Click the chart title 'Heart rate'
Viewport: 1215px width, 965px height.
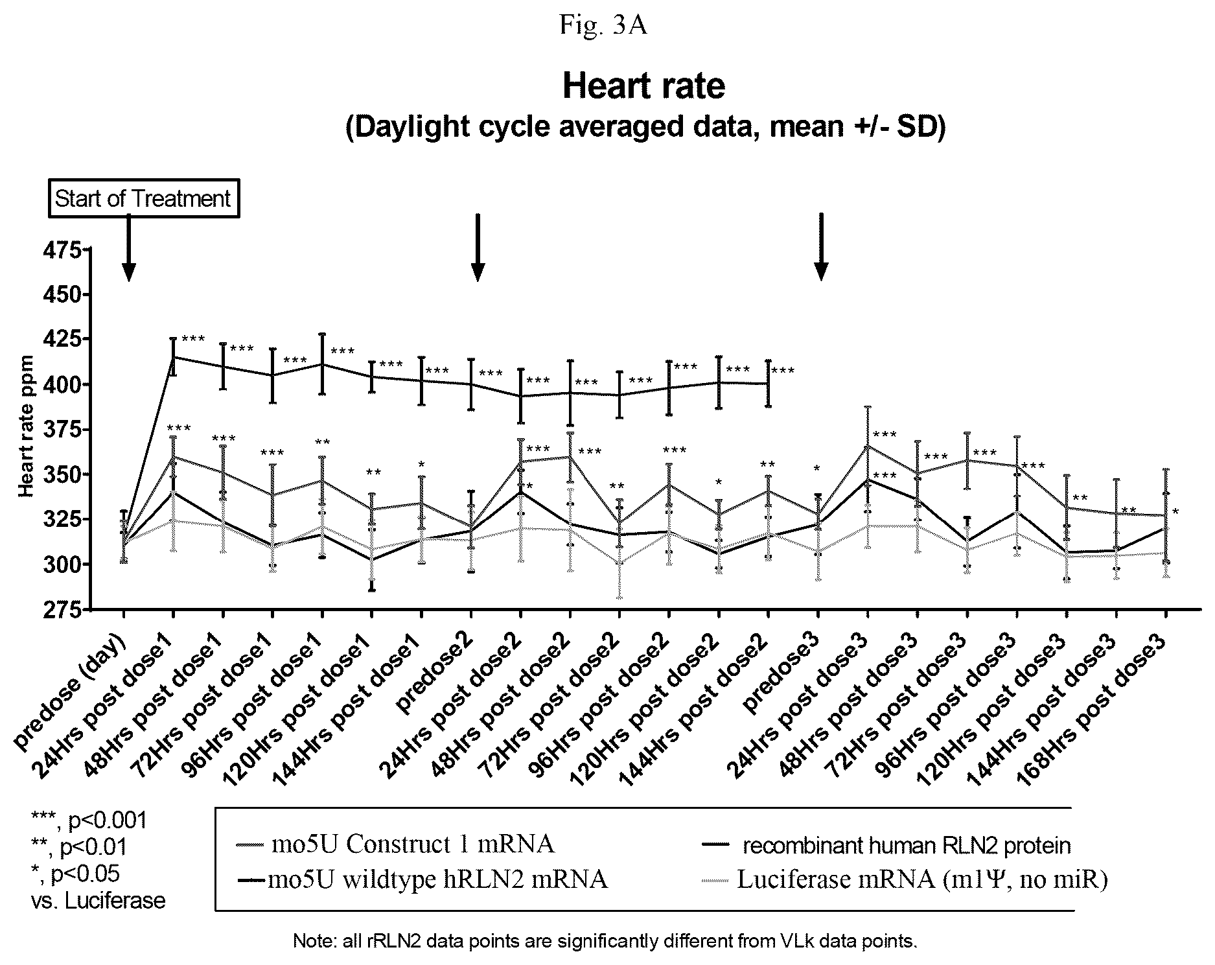coord(643,86)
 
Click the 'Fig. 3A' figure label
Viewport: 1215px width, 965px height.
coord(603,26)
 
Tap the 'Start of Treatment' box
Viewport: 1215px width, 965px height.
coord(143,198)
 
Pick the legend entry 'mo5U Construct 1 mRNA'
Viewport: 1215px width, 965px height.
coord(395,844)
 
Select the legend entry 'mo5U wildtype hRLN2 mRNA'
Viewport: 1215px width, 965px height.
coord(422,879)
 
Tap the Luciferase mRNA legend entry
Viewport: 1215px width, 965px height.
coord(905,879)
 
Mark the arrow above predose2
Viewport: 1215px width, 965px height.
coord(477,248)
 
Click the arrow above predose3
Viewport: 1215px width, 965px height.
coord(821,247)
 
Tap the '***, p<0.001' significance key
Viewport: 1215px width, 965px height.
coord(89,820)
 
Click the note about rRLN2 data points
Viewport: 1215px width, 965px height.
coord(605,941)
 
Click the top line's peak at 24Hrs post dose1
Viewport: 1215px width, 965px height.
coord(173,357)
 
